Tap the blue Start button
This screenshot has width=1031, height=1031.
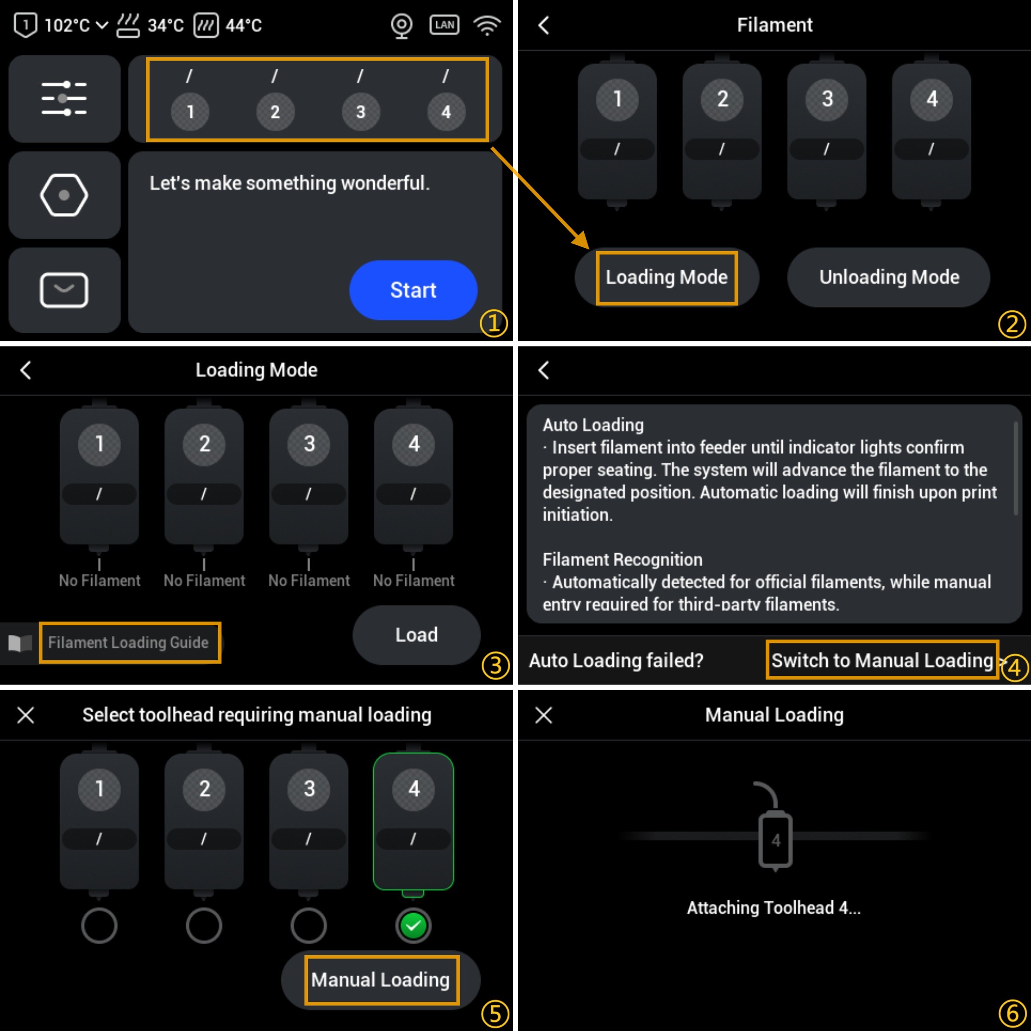pos(413,290)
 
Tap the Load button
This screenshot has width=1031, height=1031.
pos(416,635)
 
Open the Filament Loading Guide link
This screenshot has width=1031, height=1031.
pos(128,642)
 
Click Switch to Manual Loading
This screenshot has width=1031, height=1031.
pos(882,660)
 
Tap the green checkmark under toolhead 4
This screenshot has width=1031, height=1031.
pos(413,926)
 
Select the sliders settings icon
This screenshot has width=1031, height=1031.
pos(64,99)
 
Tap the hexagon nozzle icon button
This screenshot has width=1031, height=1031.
pos(64,195)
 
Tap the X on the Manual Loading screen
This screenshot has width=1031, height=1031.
pos(543,715)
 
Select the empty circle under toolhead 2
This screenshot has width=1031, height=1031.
pos(204,926)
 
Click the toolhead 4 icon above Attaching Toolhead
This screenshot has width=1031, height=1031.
pos(775,839)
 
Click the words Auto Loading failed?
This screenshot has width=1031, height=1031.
pos(616,661)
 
